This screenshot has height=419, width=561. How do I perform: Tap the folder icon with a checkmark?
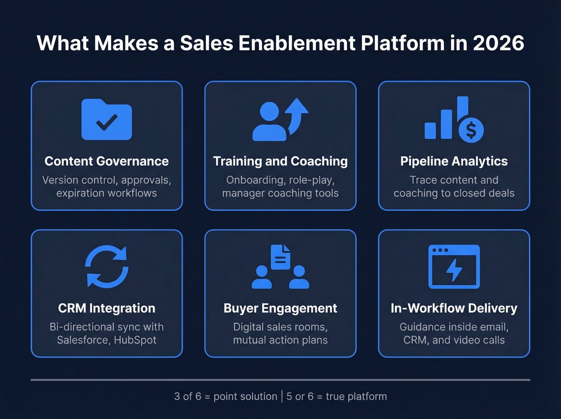point(107,119)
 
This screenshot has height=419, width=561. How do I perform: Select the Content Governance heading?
point(107,161)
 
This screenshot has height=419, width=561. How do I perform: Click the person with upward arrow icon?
point(280,119)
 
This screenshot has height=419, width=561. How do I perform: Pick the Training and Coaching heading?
point(280,161)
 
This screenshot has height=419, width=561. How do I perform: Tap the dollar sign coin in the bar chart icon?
point(471,130)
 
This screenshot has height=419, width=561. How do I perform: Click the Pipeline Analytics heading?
point(454,161)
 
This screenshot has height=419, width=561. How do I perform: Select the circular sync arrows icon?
point(107,267)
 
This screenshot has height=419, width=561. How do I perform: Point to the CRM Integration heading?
point(107,308)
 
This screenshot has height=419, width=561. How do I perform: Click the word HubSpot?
point(135,340)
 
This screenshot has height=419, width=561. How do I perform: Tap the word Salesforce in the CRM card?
point(82,340)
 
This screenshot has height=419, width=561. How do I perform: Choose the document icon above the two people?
point(280,257)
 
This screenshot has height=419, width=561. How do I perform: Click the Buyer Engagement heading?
point(280,308)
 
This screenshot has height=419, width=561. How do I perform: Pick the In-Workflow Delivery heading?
point(454,308)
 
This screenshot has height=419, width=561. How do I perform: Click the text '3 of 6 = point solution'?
point(226,397)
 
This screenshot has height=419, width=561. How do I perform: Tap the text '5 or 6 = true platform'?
point(337,397)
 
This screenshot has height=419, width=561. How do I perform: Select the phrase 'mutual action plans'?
point(280,340)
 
